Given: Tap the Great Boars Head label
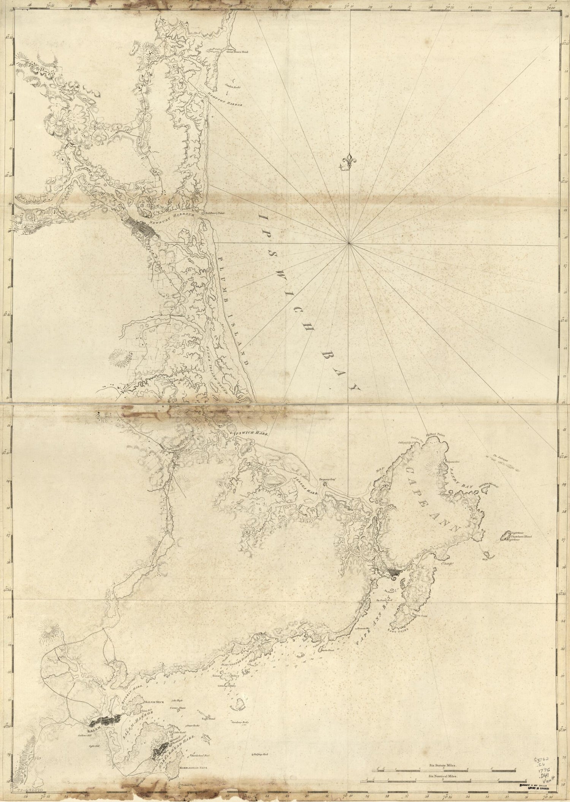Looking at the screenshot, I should tap(237, 52).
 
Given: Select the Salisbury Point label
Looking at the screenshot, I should tap(215, 213).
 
